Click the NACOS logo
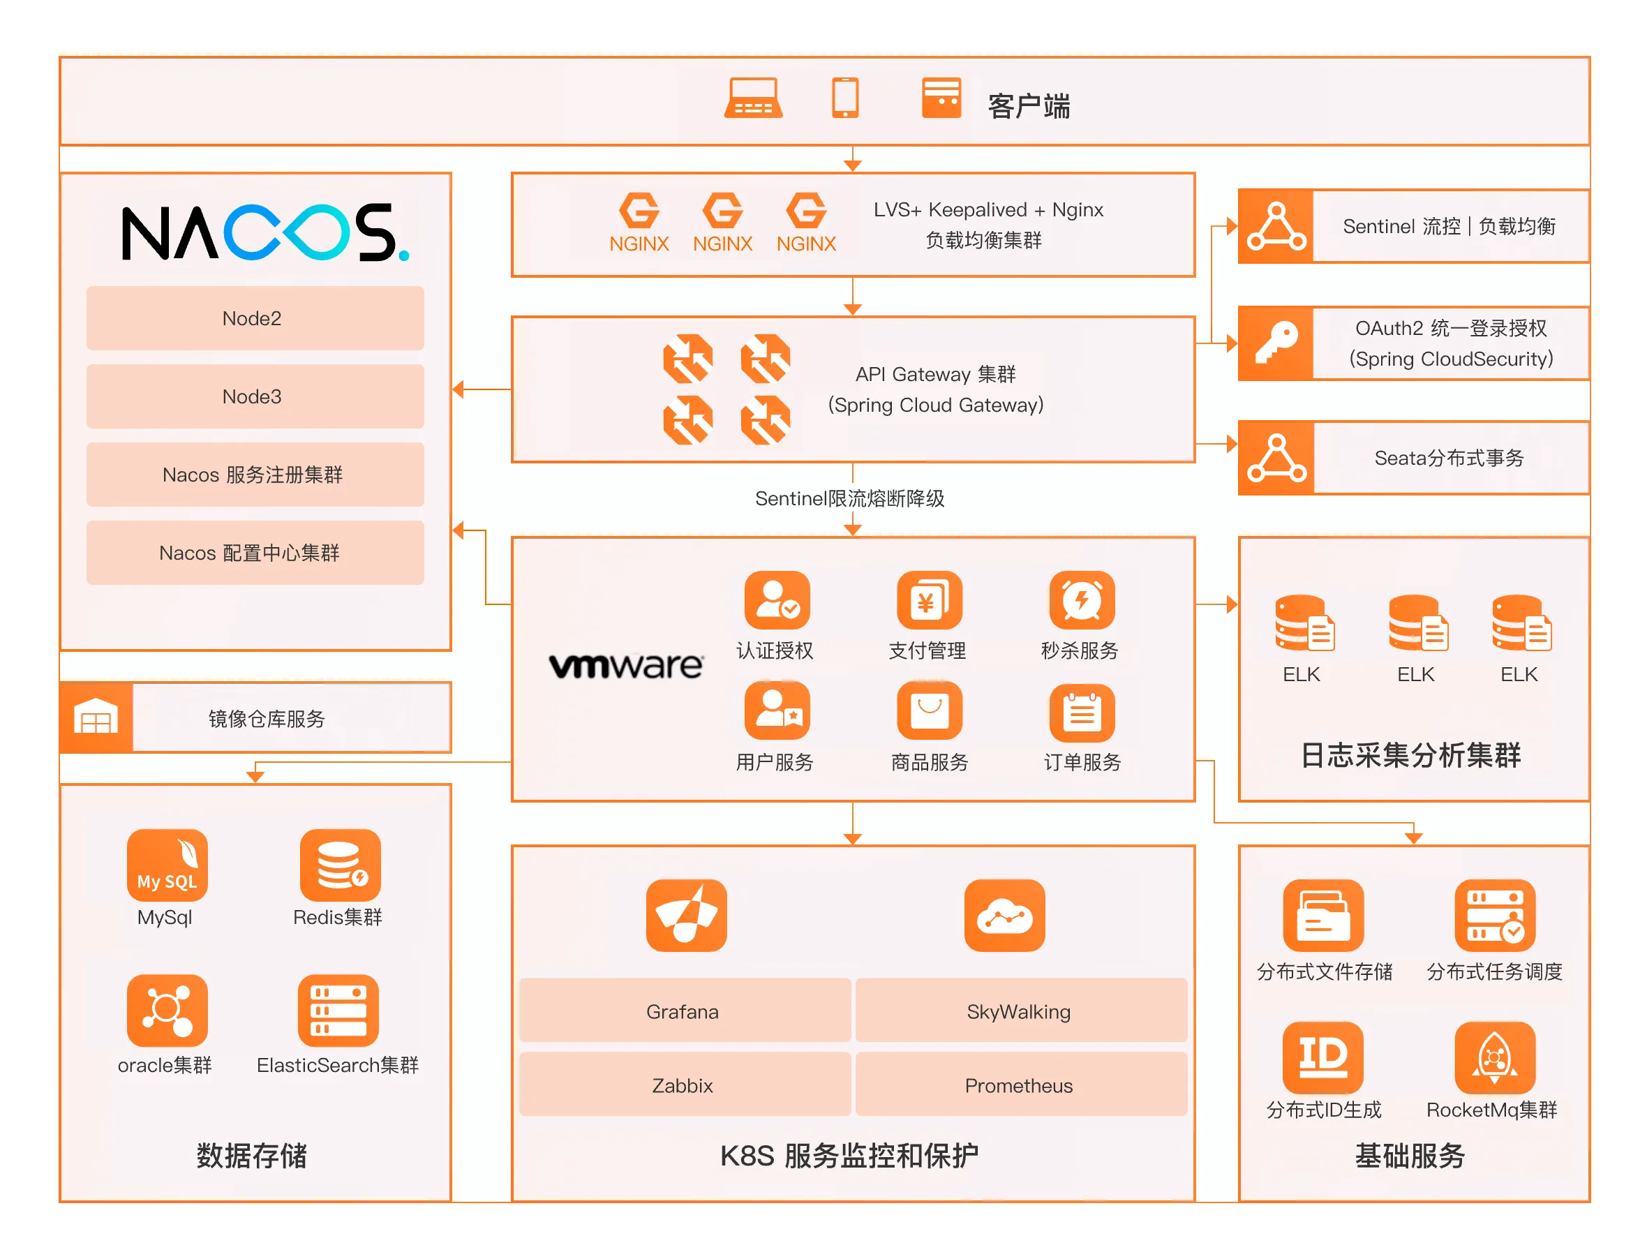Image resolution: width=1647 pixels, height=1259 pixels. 264,232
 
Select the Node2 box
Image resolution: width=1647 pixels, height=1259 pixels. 255,318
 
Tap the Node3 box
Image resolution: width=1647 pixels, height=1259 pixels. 255,396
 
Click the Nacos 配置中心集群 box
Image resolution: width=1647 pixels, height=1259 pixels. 255,552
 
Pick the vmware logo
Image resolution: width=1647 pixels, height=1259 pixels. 626,664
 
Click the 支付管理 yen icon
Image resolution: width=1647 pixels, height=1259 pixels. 928,600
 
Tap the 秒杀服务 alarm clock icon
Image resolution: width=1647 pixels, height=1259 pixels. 1081,600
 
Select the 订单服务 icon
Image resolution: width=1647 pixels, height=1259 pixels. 1081,711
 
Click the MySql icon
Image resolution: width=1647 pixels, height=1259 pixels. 166,864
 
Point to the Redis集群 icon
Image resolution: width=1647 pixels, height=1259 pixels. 339,864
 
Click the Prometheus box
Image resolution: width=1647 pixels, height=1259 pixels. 1020,1085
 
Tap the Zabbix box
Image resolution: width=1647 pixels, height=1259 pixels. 683,1085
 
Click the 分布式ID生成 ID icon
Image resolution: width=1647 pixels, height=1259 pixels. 1322,1057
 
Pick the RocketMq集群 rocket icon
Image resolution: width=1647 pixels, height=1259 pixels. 1493,1057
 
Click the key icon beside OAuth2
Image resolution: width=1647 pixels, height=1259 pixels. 1275,343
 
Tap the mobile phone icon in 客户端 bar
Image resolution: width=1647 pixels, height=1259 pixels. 844,98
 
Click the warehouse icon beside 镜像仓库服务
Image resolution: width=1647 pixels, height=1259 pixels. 96,717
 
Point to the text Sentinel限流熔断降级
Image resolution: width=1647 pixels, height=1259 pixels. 849,498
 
